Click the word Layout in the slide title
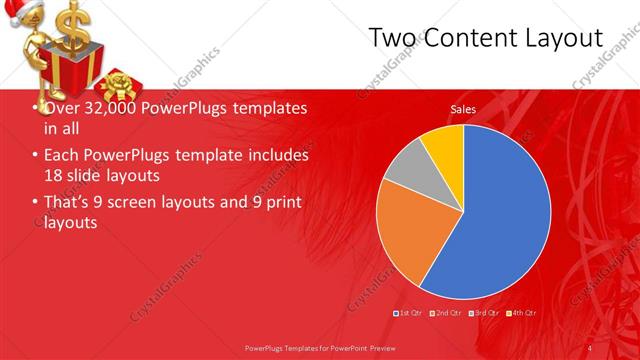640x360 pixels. [x=560, y=39]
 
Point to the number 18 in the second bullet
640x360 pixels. [x=55, y=176]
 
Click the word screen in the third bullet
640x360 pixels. [x=142, y=203]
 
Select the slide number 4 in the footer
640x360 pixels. [x=591, y=347]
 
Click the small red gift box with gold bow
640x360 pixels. [x=120, y=87]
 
